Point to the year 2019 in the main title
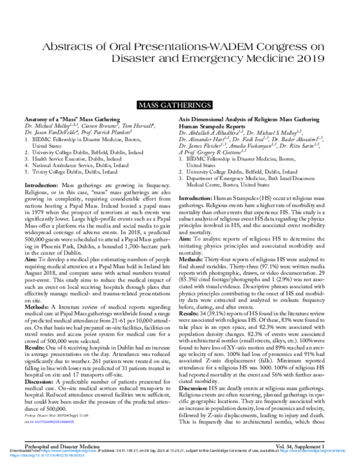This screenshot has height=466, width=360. (x=307, y=59)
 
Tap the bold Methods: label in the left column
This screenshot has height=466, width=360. (x=37, y=305)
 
